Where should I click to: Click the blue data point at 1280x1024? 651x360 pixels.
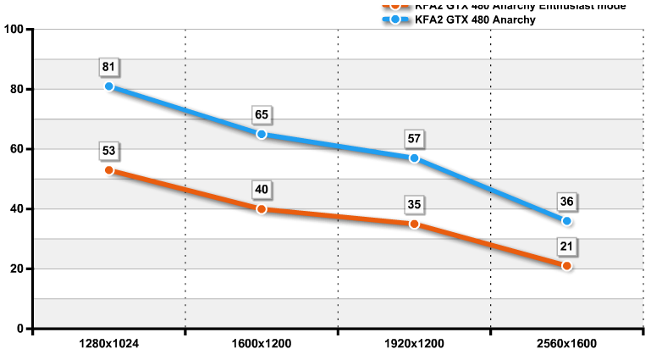point(109,86)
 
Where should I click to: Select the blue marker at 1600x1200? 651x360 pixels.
point(262,134)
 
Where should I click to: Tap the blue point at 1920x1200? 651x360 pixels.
point(414,158)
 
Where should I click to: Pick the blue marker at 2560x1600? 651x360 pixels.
point(566,221)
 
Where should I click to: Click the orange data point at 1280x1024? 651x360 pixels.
point(109,170)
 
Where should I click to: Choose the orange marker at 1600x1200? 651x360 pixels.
point(262,209)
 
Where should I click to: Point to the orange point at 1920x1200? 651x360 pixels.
point(414,224)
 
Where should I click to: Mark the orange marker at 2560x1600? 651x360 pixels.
point(566,266)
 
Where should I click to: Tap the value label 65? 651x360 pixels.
point(262,114)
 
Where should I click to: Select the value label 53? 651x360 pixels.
point(109,151)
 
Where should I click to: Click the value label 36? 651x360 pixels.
point(566,202)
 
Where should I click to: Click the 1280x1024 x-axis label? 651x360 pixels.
point(109,345)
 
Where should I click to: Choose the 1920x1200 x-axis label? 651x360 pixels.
point(414,345)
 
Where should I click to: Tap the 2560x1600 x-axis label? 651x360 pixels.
point(566,345)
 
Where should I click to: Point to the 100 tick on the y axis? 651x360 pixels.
point(14,30)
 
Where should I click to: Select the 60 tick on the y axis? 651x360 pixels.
point(17,149)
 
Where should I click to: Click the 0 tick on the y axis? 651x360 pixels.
point(20,329)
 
